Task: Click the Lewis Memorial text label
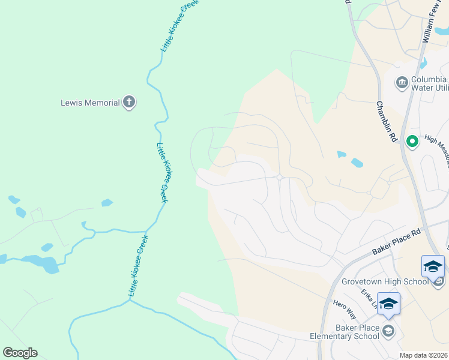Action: (x=90, y=103)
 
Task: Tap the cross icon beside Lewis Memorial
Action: (x=128, y=102)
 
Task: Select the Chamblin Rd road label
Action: (x=387, y=121)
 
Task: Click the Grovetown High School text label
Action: (x=384, y=281)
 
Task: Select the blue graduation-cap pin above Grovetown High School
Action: (x=433, y=266)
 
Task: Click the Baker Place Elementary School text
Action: (x=345, y=332)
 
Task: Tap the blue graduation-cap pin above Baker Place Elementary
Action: (x=388, y=304)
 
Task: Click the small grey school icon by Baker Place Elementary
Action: (x=388, y=331)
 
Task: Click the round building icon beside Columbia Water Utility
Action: (x=401, y=82)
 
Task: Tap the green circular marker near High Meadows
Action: (x=412, y=142)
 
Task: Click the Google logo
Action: (x=20, y=353)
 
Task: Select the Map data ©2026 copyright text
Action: (x=423, y=355)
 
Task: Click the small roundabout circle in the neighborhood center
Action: (x=280, y=176)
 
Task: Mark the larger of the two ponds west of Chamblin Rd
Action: (x=357, y=162)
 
